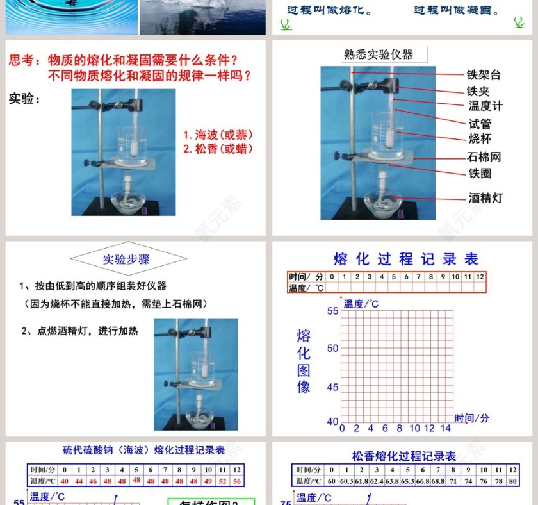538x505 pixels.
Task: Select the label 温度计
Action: click(485, 106)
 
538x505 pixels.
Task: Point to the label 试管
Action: click(480, 124)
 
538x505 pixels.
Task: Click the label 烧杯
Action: click(480, 138)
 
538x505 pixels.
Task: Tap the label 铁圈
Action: click(480, 172)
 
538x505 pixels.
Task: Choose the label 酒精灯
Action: click(485, 198)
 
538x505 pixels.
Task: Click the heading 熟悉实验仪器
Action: click(379, 54)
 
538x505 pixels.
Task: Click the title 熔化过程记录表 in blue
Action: click(406, 259)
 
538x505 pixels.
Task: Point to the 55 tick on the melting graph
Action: click(332, 311)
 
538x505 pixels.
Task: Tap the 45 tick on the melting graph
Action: click(332, 387)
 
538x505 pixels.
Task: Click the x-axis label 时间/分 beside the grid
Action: click(472, 418)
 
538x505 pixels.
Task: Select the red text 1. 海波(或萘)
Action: click(218, 135)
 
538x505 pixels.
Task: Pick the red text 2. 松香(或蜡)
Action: click(218, 149)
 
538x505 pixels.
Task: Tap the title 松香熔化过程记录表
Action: click(404, 456)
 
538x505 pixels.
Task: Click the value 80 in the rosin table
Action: click(512, 481)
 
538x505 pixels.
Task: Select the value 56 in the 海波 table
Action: click(237, 481)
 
